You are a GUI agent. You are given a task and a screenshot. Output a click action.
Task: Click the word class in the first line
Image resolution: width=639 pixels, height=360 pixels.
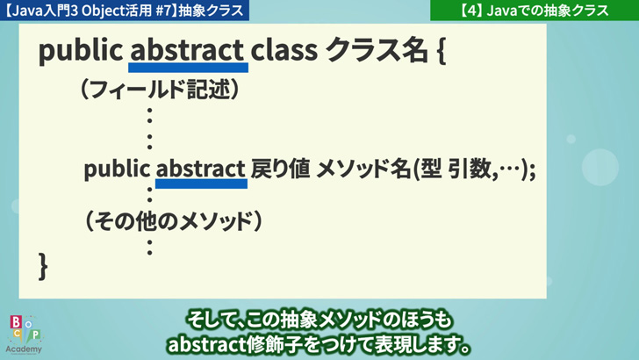[284, 50]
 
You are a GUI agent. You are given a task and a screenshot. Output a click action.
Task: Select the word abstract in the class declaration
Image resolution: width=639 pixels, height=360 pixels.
[187, 50]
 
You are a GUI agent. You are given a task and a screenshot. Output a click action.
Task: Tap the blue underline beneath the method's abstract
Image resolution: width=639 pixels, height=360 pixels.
[201, 184]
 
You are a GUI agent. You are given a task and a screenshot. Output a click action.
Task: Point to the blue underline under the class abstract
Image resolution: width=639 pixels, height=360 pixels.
[188, 68]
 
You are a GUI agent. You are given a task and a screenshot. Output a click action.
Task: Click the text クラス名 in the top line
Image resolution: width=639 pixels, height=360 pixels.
[377, 50]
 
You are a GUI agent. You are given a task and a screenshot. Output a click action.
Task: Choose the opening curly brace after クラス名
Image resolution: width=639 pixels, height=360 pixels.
[442, 51]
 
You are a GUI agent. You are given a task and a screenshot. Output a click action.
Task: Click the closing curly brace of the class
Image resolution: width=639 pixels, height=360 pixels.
[43, 266]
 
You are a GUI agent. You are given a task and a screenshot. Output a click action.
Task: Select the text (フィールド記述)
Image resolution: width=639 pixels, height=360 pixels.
[160, 90]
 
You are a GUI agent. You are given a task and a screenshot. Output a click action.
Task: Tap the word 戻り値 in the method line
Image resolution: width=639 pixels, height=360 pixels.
[280, 169]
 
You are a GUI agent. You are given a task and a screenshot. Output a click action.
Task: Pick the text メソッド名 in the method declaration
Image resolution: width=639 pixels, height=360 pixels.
[363, 169]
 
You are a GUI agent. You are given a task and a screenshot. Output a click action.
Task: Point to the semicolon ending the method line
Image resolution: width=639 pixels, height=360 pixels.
[532, 170]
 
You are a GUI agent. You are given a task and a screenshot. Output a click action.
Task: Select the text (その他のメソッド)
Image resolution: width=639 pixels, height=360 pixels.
[173, 222]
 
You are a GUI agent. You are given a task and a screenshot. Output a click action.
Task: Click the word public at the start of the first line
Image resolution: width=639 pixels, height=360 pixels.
[81, 51]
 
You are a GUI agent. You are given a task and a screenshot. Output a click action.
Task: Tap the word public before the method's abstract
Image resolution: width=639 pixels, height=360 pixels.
[117, 169]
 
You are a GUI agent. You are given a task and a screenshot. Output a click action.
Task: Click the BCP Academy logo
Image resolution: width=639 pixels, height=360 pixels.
[24, 335]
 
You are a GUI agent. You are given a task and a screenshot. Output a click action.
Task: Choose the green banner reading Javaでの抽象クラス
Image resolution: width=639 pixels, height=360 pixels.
[535, 11]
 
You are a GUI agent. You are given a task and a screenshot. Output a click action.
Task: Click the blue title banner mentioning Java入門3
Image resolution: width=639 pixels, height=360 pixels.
[125, 11]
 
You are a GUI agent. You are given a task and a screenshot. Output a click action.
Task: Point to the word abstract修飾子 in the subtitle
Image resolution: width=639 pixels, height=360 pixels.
[233, 345]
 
